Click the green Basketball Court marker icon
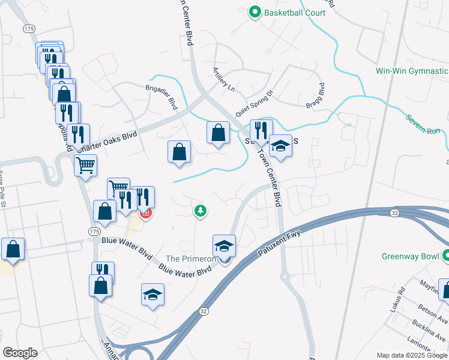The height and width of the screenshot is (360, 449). pos(255,11)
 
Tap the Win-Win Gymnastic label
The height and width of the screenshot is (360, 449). pos(412,71)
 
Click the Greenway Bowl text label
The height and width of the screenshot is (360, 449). pos(411,256)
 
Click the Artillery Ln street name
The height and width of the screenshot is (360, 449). pos(223,79)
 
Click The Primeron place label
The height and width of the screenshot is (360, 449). pos(190,259)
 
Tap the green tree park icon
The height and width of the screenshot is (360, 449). pos(200,211)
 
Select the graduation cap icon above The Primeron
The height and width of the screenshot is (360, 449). pos(224,245)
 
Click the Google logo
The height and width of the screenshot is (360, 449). pos(20,353)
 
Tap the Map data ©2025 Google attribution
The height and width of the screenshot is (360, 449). pos(411,355)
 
